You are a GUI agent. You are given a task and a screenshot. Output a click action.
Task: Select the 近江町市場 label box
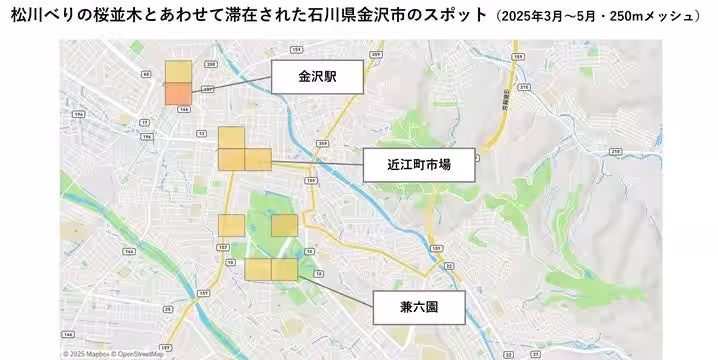(x=418, y=164)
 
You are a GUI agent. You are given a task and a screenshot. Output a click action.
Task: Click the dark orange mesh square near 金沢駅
(x=178, y=94)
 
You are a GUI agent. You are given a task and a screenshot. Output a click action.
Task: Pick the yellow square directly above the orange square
(x=178, y=71)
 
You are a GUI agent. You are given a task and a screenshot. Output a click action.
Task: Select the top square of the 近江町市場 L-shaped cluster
(x=231, y=138)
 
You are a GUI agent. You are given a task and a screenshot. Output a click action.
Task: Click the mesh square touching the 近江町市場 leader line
(x=256, y=159)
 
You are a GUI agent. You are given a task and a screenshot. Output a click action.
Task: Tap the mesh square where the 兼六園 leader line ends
(x=284, y=269)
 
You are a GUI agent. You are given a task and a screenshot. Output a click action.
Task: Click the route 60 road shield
(x=146, y=74)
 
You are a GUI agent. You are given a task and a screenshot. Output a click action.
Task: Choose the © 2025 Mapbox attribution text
(x=87, y=354)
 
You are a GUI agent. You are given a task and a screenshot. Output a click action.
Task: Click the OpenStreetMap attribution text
(x=143, y=354)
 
